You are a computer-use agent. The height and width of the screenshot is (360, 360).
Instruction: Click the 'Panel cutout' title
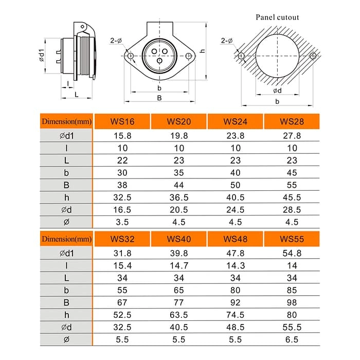tap(277, 17)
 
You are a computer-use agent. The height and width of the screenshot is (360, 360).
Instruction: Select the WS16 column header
tap(122, 122)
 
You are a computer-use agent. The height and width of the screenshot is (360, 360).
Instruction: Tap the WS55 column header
tap(292, 239)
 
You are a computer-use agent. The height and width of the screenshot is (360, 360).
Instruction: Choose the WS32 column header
tap(122, 239)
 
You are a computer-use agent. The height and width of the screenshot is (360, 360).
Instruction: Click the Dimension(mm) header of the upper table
tap(66, 122)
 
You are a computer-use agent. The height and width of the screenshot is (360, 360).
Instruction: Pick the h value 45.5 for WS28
tap(292, 197)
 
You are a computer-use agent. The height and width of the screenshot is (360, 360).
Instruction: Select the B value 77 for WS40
tap(179, 302)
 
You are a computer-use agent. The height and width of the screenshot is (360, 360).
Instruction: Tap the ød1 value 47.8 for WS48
tap(235, 253)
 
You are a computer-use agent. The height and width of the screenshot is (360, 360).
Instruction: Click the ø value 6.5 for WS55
tap(292, 339)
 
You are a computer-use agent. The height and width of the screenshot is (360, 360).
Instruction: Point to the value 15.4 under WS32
tap(122, 265)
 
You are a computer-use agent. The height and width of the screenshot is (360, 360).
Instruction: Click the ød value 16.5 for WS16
tap(122, 209)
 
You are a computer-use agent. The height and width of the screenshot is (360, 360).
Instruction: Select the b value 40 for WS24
tap(235, 172)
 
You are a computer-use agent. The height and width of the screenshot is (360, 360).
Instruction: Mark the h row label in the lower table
tap(66, 315)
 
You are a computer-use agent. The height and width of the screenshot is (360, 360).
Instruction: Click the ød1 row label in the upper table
tap(66, 136)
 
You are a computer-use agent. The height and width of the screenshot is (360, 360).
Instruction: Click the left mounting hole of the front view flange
tap(131, 56)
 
